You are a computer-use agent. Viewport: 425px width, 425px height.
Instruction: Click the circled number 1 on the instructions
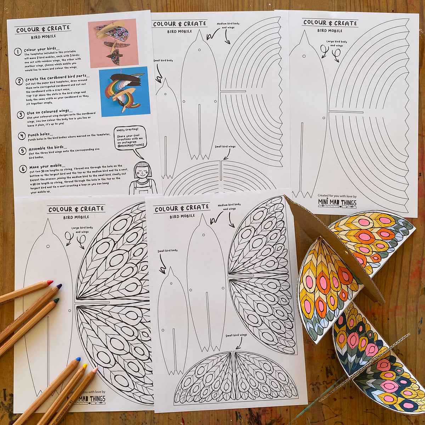pyautogui.click(x=18, y=52)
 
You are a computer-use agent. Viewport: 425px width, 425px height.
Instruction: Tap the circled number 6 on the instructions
pyautogui.click(x=23, y=169)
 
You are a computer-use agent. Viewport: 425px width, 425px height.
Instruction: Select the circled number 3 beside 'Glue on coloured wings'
pyautogui.click(x=21, y=115)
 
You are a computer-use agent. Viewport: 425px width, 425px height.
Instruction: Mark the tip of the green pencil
pyautogui.click(x=56, y=301)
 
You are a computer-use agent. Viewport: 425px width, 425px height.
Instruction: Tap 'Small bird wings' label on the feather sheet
pyautogui.click(x=236, y=335)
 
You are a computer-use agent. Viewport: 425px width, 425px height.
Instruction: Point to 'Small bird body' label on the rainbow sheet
pyautogui.click(x=163, y=61)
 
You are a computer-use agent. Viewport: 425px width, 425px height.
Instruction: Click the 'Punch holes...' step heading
pyautogui.click(x=41, y=135)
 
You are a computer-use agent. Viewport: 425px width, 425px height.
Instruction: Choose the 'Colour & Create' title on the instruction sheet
pyautogui.click(x=43, y=29)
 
